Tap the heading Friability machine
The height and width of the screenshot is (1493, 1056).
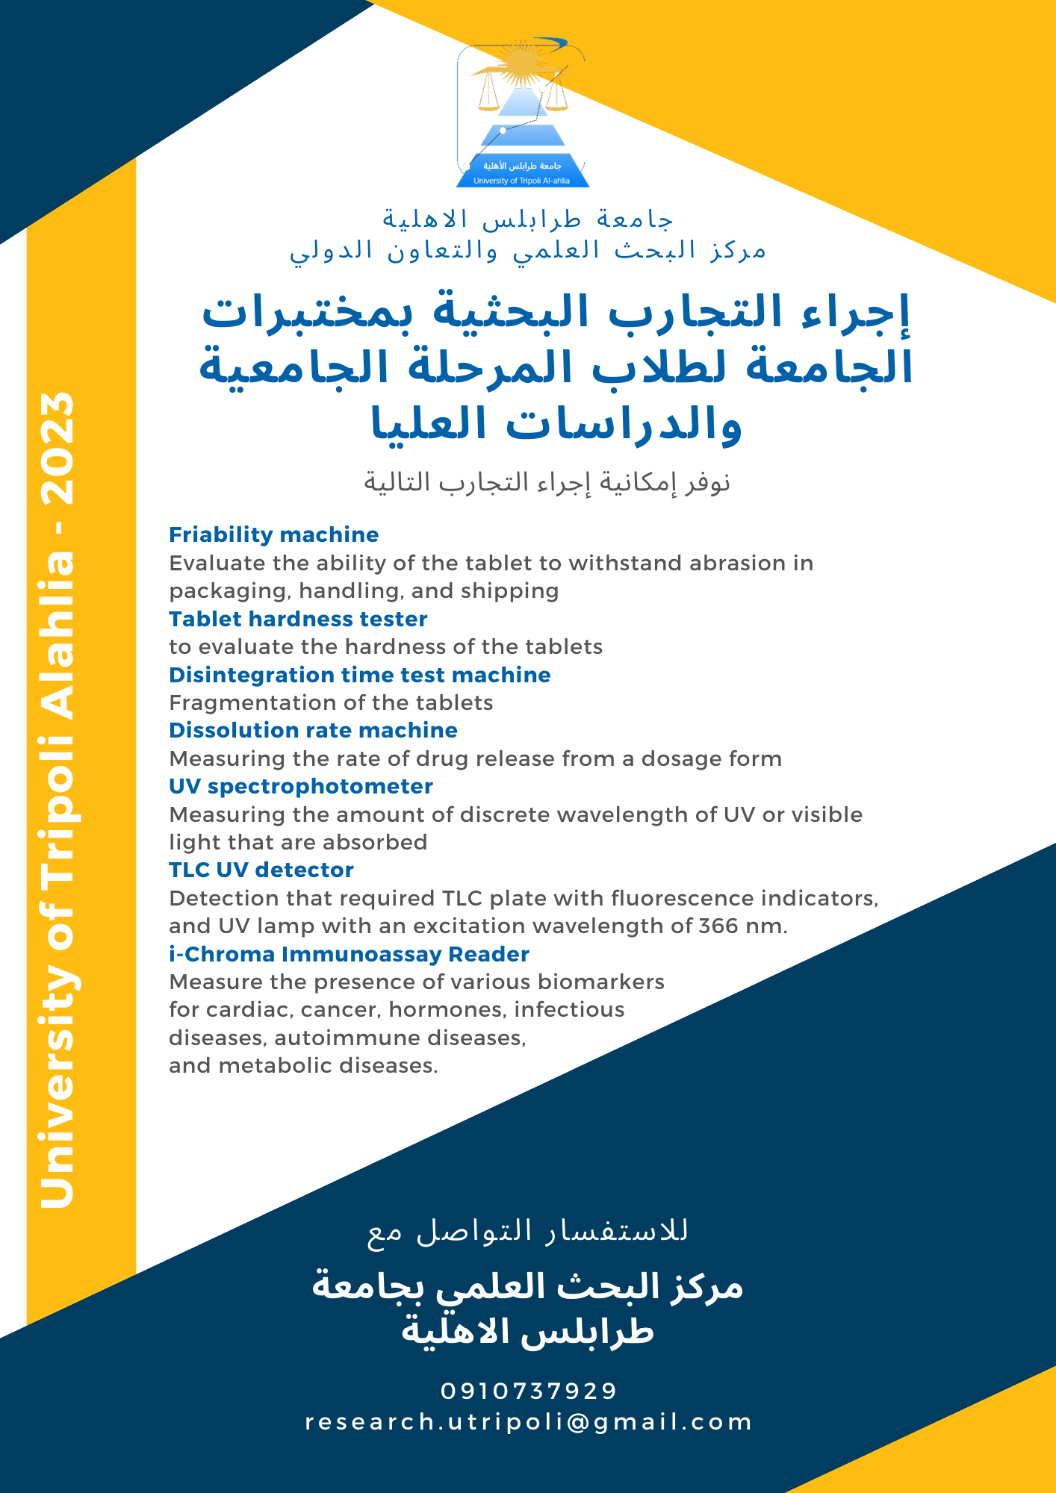pos(273,534)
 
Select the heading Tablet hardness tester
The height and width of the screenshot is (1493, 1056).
pos(298,619)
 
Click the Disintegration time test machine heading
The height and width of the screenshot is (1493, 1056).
pos(359,675)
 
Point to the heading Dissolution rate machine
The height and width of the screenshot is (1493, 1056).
pos(313,730)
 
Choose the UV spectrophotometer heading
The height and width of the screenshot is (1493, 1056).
pos(300,786)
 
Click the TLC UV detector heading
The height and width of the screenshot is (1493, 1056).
pos(261,870)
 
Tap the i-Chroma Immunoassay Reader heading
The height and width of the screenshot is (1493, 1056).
pos(349,954)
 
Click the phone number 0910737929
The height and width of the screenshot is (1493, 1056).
pos(529,1391)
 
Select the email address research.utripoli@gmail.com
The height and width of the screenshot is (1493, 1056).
pos(529,1421)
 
